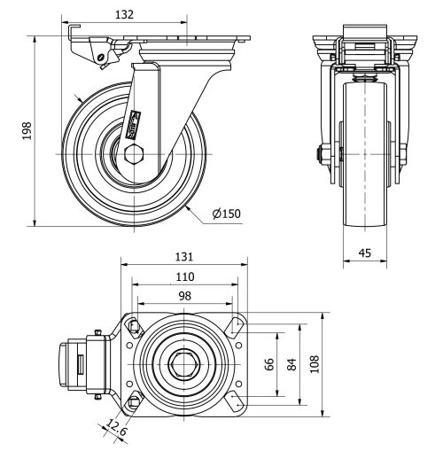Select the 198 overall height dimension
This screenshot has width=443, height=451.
tap(27, 130)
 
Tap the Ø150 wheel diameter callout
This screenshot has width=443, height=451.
tap(226, 213)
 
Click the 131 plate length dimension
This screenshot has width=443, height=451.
tap(185, 256)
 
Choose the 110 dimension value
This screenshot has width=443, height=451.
tap(185, 276)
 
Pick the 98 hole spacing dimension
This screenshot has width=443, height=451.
tap(185, 295)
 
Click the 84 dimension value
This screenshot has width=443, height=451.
tap(293, 364)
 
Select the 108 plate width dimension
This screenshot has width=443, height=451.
tap(315, 364)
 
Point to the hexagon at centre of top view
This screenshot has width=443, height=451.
tap(183, 364)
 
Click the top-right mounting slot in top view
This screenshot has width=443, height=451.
tap(236, 326)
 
